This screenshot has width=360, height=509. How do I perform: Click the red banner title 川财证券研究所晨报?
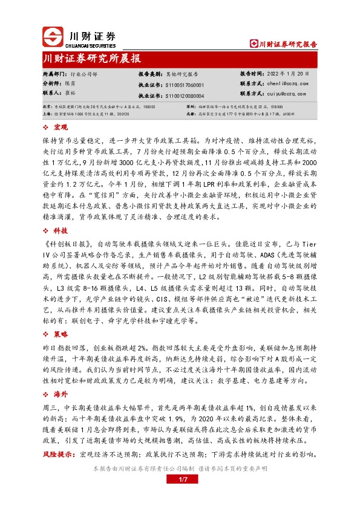click(93, 58)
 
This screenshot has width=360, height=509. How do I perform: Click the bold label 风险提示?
click(59, 453)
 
